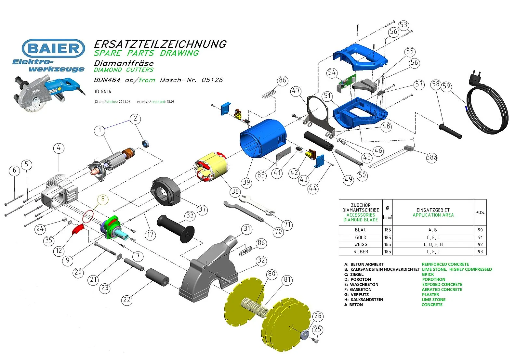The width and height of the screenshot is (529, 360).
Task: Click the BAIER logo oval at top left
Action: [54, 48]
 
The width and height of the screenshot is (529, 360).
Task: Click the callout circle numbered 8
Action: [103, 199]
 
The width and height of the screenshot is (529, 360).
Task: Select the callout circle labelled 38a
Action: [431, 158]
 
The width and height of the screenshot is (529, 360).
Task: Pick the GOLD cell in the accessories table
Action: [361, 238]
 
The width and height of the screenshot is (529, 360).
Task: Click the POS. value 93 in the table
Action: [480, 251]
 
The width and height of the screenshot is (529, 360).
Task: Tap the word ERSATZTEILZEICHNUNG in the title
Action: [160, 44]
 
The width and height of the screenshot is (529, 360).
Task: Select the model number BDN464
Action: [107, 80]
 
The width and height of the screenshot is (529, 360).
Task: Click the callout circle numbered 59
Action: [446, 86]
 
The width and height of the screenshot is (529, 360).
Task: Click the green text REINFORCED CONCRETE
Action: [445, 264]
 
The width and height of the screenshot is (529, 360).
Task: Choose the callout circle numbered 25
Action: [317, 329]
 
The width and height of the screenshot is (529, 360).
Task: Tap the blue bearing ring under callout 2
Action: [145, 143]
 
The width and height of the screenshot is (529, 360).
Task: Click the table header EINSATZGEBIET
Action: [433, 210]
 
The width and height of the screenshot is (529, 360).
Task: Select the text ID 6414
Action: [103, 92]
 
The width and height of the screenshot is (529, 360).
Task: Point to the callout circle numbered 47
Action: [296, 91]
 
